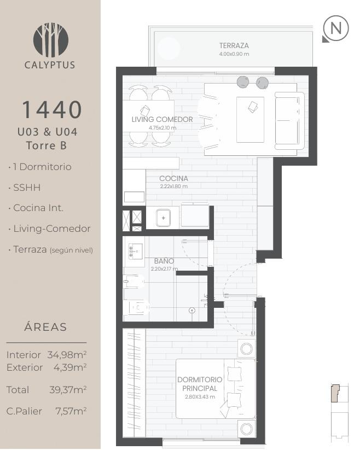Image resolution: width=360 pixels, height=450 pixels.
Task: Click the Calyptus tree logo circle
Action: tap(50, 39)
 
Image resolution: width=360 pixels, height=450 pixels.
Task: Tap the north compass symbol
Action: tap(335, 28)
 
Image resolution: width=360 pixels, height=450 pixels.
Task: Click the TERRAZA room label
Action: tap(234, 45)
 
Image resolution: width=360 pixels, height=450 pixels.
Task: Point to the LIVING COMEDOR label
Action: tap(162, 119)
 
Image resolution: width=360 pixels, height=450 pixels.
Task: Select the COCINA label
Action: tap(173, 178)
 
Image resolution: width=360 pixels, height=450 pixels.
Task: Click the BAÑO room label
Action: tap(164, 261)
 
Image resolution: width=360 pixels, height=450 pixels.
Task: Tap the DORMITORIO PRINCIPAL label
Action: tap(200, 384)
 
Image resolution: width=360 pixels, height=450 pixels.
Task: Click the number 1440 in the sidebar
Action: tap(52, 110)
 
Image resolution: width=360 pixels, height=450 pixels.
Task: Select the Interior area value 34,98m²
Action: tap(67, 355)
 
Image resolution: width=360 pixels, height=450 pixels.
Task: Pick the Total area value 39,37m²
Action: tap(68, 390)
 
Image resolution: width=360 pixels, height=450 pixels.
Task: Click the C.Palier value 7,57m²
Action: tap(71, 411)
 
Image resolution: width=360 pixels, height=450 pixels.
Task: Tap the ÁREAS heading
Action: tap(45, 327)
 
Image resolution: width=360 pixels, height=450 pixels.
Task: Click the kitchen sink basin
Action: tap(164, 218)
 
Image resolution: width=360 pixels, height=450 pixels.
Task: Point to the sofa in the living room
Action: tap(289, 121)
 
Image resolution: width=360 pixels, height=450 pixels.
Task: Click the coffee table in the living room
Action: tap(250, 120)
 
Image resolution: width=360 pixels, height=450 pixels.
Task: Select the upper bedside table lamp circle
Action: tap(246, 349)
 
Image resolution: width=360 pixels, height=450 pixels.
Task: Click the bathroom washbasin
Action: tap(135, 252)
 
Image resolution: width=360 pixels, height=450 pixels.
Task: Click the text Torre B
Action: tap(47, 145)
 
